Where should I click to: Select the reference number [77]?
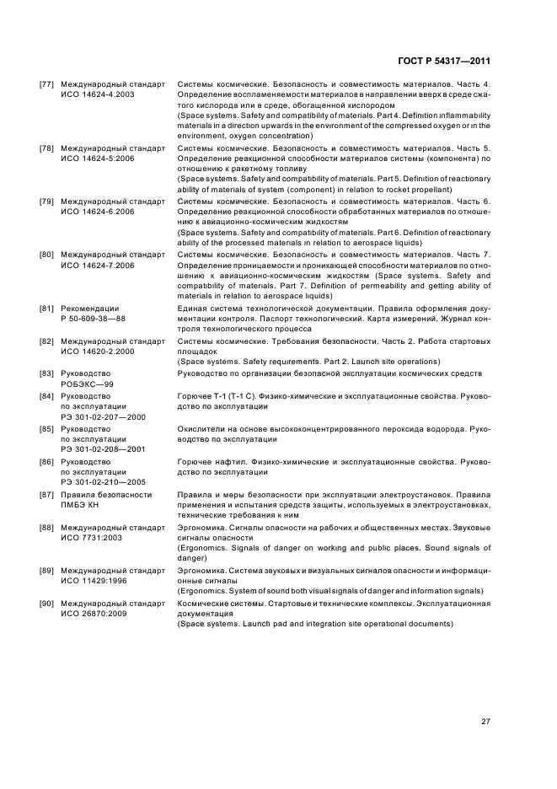coord(47,85)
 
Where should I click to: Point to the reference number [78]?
coord(47,148)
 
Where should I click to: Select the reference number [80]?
coord(47,255)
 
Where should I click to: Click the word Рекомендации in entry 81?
coord(90,309)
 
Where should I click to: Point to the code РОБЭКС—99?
coord(86,383)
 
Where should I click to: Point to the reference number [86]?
coord(47,462)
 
